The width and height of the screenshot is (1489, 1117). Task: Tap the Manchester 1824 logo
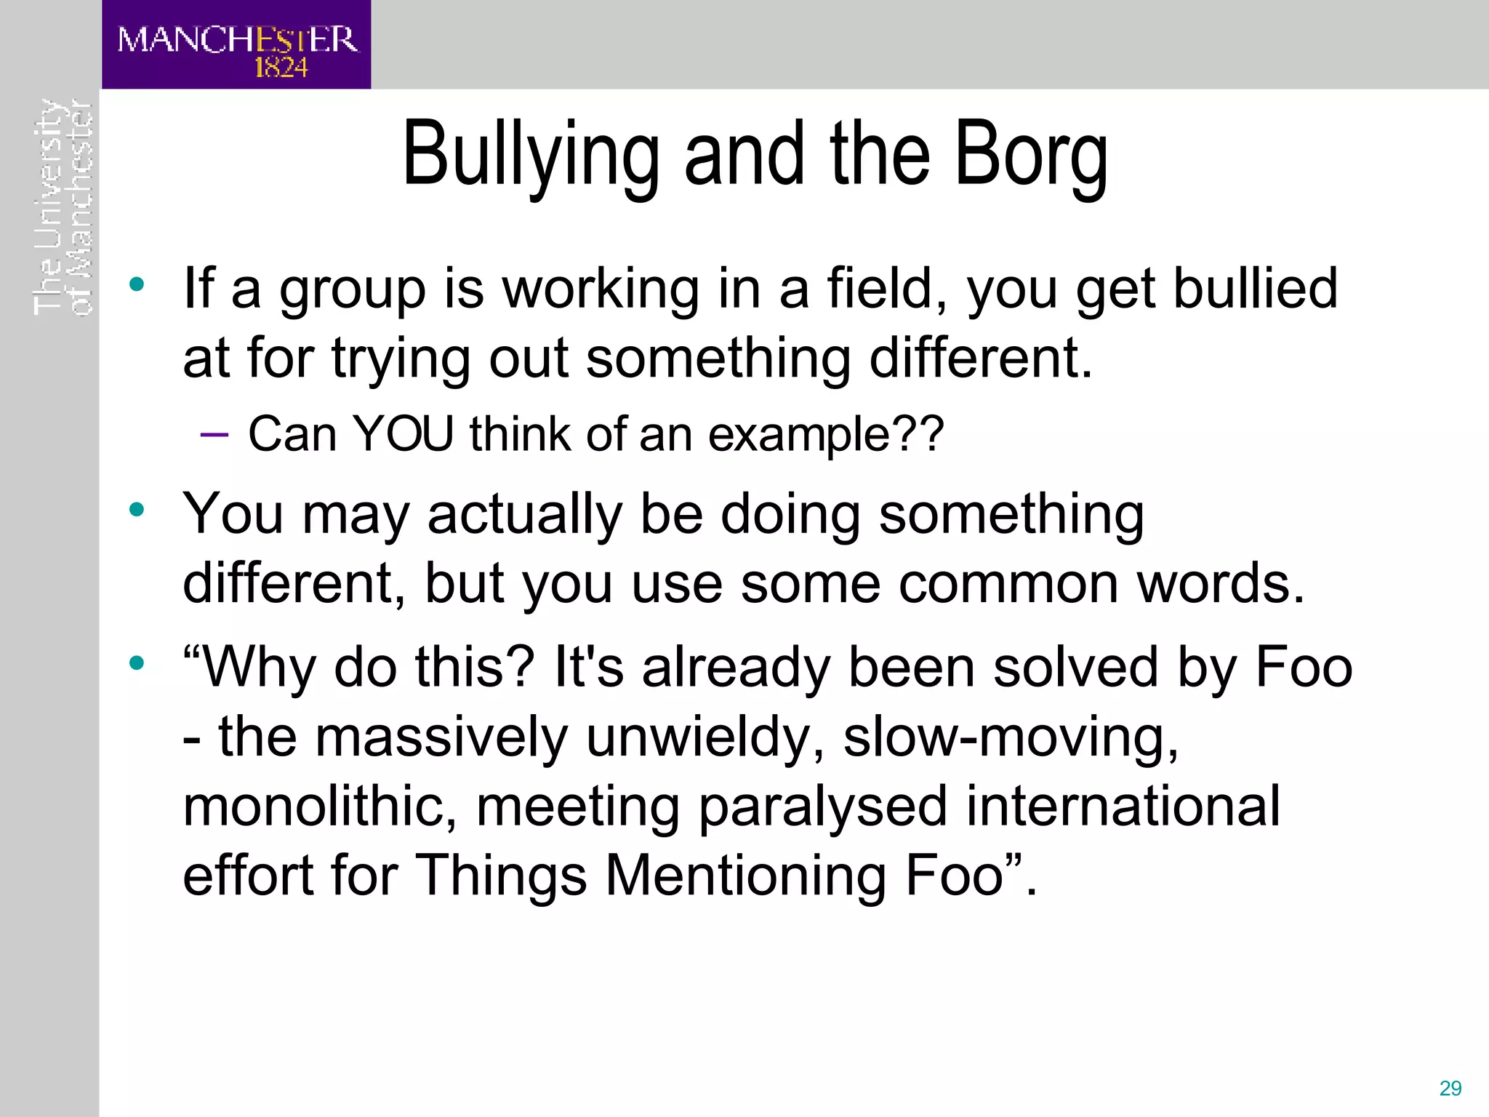coord(236,45)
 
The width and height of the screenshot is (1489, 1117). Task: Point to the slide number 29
coord(1450,1089)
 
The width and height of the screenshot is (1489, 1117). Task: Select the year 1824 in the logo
coord(281,68)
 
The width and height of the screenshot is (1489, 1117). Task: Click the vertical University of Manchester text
coord(63,207)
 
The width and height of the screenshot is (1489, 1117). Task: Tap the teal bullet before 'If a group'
coord(137,284)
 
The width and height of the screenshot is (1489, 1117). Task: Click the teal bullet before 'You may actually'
coord(137,510)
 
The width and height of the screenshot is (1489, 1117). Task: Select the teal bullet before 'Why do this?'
coord(137,662)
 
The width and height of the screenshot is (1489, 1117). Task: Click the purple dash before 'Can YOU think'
coord(214,435)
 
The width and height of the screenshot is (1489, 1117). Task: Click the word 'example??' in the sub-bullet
coord(825,435)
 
